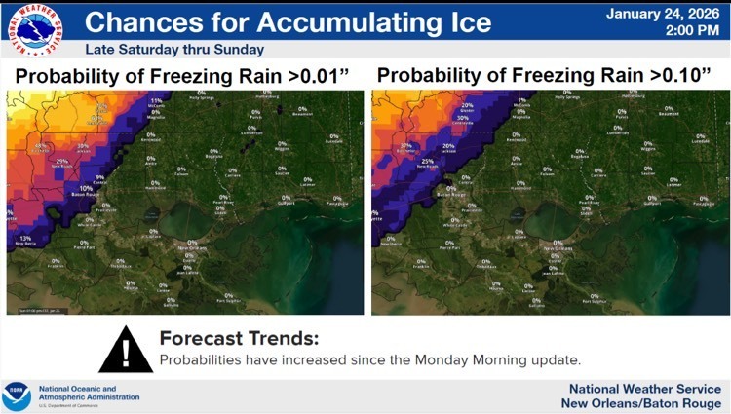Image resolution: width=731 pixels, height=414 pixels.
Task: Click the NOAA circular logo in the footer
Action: coord(17,395)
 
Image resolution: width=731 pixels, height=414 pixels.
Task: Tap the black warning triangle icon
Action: coord(125,349)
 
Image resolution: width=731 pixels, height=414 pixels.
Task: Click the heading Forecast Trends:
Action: coord(239,339)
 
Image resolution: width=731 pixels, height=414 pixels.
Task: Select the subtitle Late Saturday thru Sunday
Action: coord(173,49)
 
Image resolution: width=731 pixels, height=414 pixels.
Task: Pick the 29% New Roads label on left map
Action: coord(61,163)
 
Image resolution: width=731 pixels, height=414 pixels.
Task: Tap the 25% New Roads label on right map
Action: coord(427,163)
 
